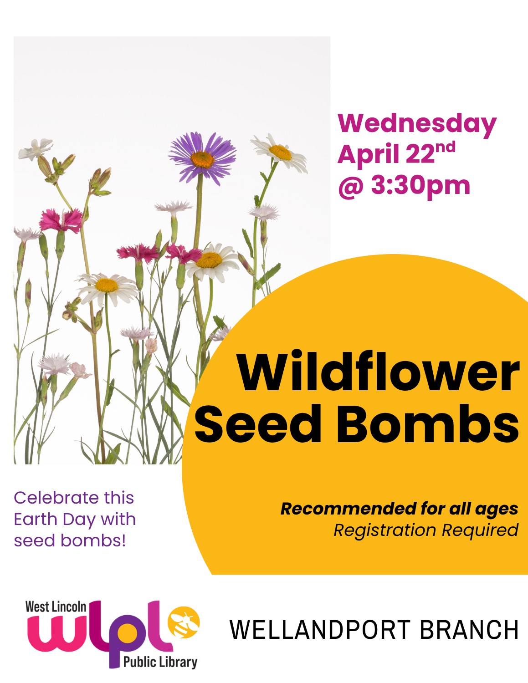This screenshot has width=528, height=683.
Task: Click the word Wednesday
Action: [416, 124]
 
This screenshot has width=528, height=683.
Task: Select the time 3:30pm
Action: [420, 185]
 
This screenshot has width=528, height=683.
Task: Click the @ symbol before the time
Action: [350, 186]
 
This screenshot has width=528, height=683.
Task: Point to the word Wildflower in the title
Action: [378, 372]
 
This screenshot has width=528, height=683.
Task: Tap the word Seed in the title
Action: [258, 424]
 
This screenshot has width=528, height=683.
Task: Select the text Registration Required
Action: [425, 530]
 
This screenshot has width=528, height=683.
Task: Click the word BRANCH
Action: [469, 630]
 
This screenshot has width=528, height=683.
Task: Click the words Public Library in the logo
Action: [160, 662]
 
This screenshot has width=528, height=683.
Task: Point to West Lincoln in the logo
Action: [56, 607]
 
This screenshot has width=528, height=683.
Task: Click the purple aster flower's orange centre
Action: [202, 159]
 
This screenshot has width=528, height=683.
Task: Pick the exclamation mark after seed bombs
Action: [123, 540]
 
